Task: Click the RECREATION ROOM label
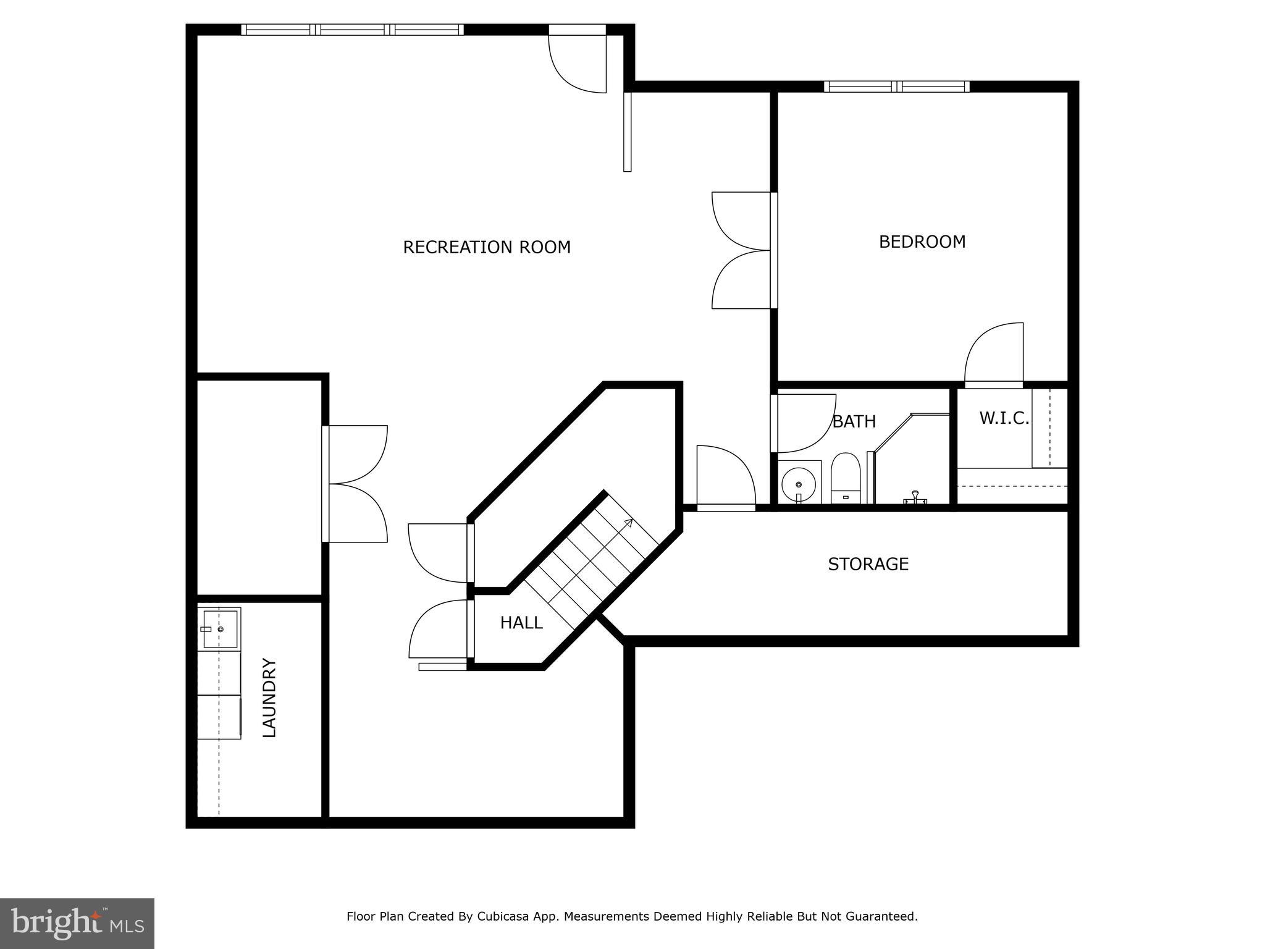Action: pos(487,247)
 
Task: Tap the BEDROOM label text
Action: pos(922,242)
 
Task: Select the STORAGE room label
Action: pos(868,564)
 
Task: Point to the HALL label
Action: pos(521,623)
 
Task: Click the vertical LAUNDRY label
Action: pos(269,698)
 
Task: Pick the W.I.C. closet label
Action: pos(1004,418)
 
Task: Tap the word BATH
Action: pos(854,421)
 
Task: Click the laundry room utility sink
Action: pos(220,628)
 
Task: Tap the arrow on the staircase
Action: pos(628,523)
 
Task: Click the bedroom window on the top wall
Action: pos(896,86)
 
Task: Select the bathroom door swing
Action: pos(803,423)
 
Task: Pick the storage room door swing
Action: pos(726,476)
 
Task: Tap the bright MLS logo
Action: pos(77,924)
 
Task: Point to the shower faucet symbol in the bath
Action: pos(915,497)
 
